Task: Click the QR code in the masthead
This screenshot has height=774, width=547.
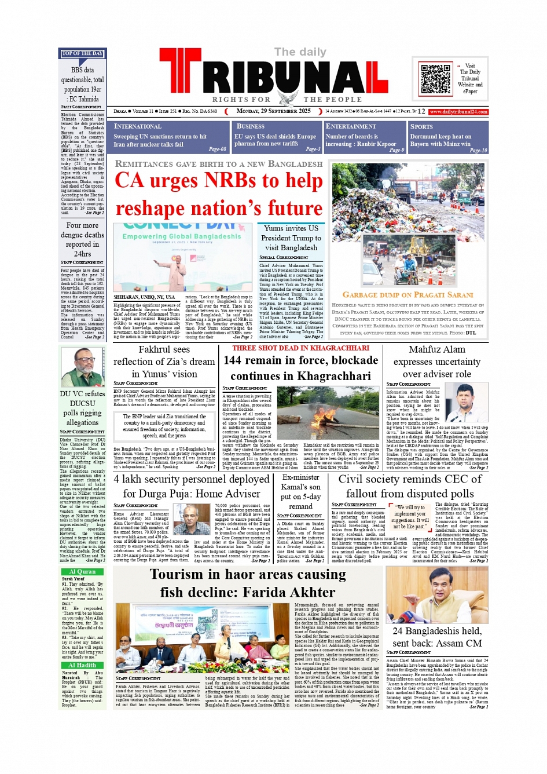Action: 435,79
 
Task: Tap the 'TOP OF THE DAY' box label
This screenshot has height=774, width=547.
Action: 82,53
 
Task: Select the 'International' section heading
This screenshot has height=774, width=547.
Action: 138,126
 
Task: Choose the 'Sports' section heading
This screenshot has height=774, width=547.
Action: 421,126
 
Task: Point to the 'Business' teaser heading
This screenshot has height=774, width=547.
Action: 251,126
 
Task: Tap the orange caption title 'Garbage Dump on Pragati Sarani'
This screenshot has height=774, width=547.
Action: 408,295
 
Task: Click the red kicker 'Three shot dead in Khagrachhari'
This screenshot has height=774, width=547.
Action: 300,348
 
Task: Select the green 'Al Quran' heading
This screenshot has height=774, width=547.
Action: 82,571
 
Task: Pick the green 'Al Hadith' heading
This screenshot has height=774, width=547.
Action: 82,665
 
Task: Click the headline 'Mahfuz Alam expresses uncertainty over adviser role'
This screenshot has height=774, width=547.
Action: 436,362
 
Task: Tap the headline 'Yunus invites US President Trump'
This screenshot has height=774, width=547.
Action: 291,238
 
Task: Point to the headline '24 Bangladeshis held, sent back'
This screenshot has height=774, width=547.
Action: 436,637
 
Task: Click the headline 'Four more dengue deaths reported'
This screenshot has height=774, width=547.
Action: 82,239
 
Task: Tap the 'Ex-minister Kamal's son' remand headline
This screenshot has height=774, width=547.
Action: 300,491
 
